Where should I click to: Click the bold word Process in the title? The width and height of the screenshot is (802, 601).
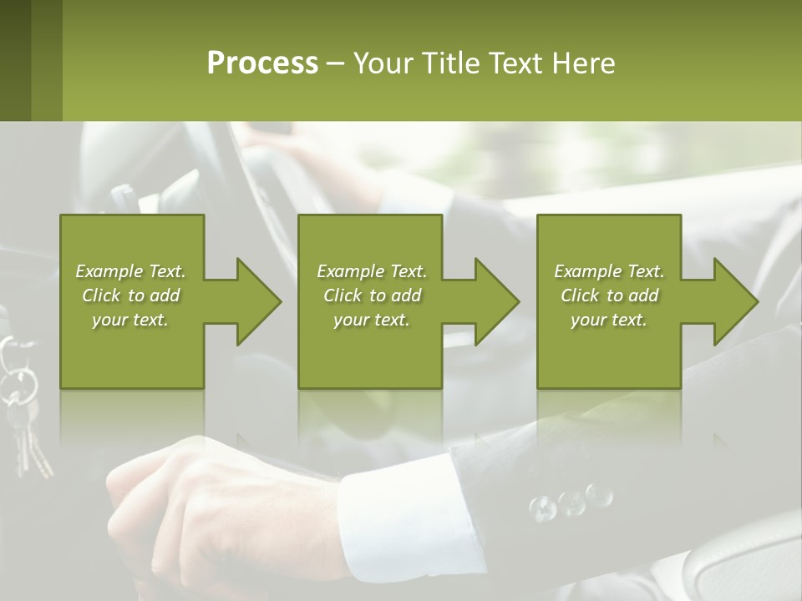(262, 63)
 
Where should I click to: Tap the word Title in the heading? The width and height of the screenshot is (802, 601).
(450, 63)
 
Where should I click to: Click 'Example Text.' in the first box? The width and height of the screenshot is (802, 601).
(130, 271)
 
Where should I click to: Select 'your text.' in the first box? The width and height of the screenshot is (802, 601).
(130, 320)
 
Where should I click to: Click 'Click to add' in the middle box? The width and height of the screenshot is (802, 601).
(372, 295)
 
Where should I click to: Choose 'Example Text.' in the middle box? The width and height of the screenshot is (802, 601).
(372, 271)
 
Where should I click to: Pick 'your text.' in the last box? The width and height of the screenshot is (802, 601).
(609, 320)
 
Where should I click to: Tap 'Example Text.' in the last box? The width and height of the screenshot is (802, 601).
(609, 271)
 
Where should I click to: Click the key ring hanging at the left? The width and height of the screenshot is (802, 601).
(23, 383)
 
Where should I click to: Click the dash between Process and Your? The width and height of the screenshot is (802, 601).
(335, 63)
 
